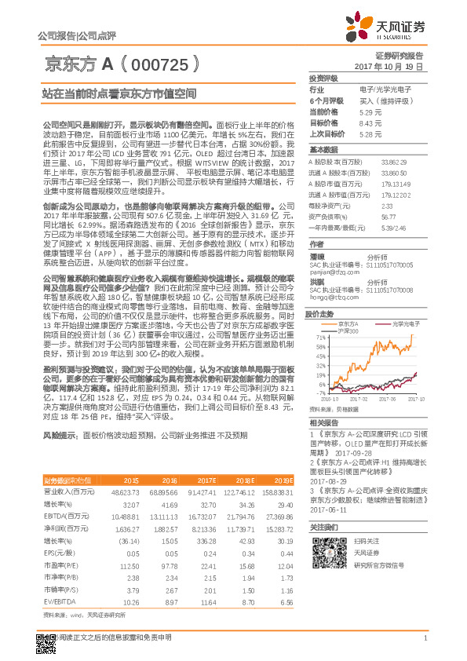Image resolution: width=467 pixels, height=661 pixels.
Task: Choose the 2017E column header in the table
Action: pos(208,480)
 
